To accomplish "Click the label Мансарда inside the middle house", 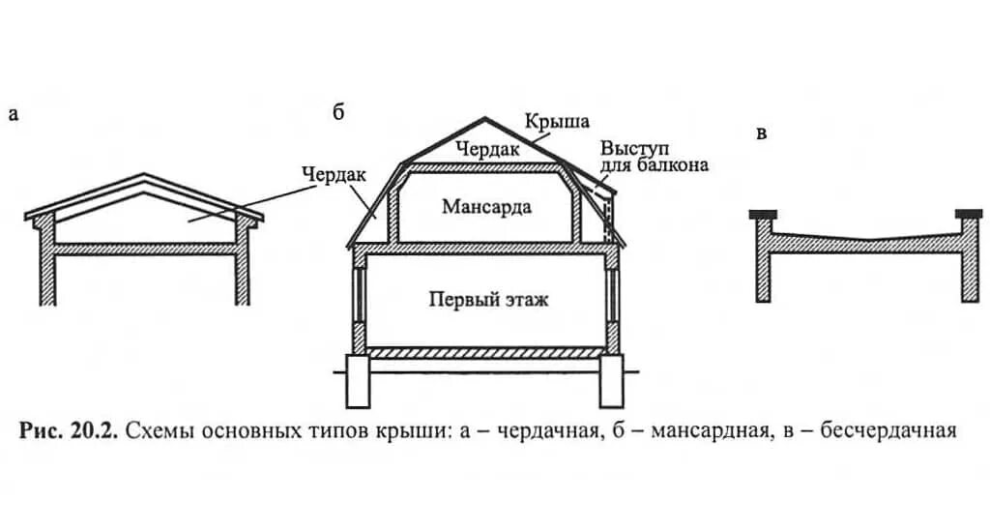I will tap(486, 206).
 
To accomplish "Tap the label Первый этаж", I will tap(488, 299).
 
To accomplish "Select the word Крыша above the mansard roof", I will tap(557, 122).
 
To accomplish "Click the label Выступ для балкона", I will tap(654, 157).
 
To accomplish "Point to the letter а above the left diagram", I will tap(13, 114).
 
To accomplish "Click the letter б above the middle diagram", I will tap(338, 112).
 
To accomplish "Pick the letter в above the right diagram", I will tap(761, 133).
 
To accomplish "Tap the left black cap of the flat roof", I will tap(763, 213).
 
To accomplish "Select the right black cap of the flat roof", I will tap(968, 213).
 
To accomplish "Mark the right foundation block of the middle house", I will tap(611, 380).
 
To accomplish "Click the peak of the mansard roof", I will tap(486, 119).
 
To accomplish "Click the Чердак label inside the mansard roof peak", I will tap(488, 150).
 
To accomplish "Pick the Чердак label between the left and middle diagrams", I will tap(333, 174).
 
